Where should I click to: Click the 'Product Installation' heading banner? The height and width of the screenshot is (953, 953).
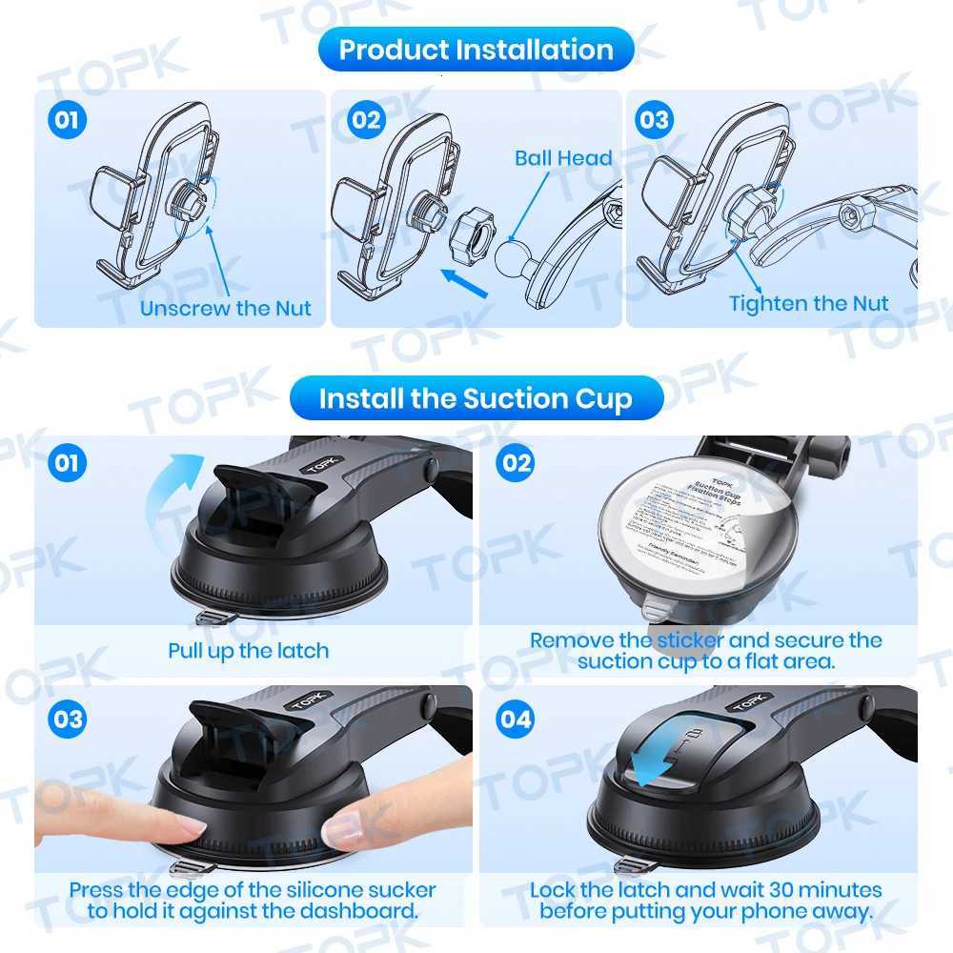[x=476, y=50]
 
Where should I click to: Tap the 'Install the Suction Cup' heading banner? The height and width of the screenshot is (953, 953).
[x=476, y=397]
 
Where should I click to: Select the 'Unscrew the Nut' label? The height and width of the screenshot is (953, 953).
[x=225, y=308]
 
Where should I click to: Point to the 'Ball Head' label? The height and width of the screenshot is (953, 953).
[x=563, y=158]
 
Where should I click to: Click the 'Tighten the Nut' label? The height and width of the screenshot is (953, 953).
[x=808, y=303]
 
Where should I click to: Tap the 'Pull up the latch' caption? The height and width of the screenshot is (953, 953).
[x=248, y=651]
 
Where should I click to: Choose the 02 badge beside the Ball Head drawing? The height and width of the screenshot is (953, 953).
[x=366, y=120]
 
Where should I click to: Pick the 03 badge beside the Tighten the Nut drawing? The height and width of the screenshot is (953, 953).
[x=655, y=120]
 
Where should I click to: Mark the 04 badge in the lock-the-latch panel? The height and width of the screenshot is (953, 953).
[x=515, y=719]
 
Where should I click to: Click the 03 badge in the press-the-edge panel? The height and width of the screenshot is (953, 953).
[x=68, y=719]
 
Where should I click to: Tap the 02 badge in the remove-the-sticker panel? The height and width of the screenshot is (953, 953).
[x=515, y=463]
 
